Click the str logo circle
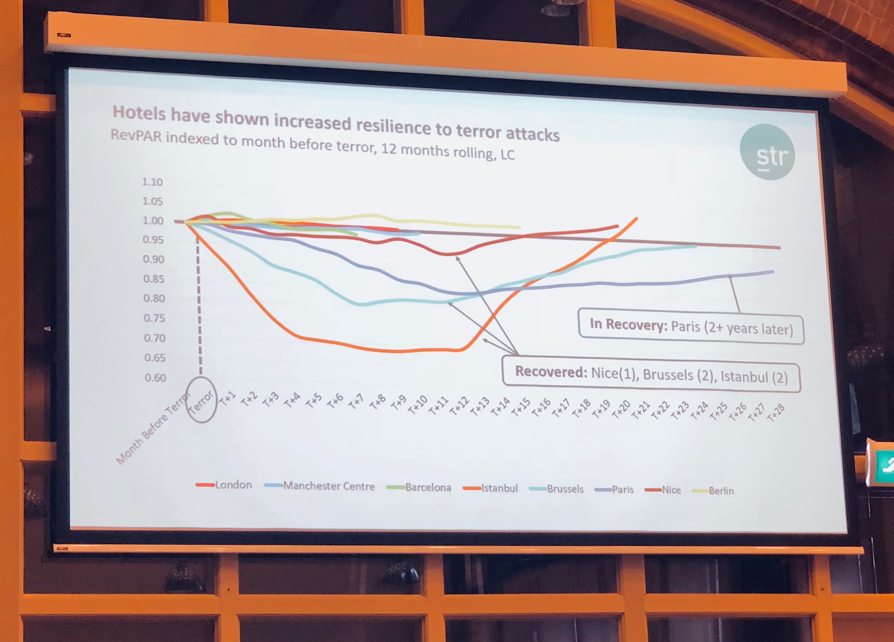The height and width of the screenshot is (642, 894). click(767, 152)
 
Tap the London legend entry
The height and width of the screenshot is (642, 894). click(224, 485)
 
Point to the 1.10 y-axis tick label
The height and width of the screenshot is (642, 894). click(152, 182)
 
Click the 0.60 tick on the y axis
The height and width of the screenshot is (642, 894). click(155, 378)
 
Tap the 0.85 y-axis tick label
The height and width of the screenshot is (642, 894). click(153, 279)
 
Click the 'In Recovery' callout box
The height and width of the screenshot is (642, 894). click(691, 327)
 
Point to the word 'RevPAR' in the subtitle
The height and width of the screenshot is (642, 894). click(136, 137)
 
